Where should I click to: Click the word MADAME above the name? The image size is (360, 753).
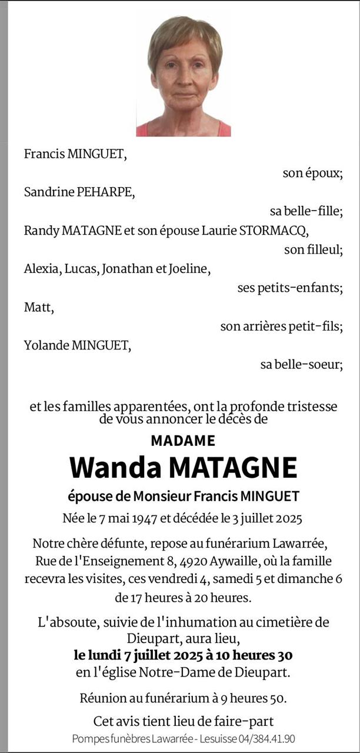(x=183, y=440)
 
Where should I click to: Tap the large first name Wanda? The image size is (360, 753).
(x=115, y=468)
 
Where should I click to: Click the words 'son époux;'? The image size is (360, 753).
(x=312, y=174)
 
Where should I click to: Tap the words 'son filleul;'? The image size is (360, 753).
(x=313, y=249)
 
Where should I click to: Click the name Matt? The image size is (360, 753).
(x=38, y=307)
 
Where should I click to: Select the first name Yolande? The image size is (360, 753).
(x=46, y=345)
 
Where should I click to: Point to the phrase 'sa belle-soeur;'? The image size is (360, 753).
(x=301, y=364)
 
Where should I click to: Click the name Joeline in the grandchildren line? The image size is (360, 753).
(x=189, y=269)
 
